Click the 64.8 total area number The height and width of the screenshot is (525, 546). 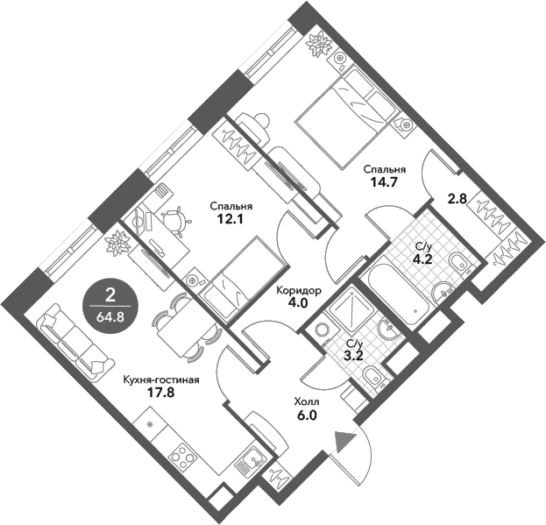(110, 309)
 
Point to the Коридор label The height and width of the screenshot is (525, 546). (299, 291)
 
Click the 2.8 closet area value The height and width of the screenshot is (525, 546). (457, 199)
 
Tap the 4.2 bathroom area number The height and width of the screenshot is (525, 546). (422, 259)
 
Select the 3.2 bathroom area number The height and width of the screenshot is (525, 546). (355, 356)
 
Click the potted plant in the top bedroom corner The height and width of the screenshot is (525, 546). (317, 41)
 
